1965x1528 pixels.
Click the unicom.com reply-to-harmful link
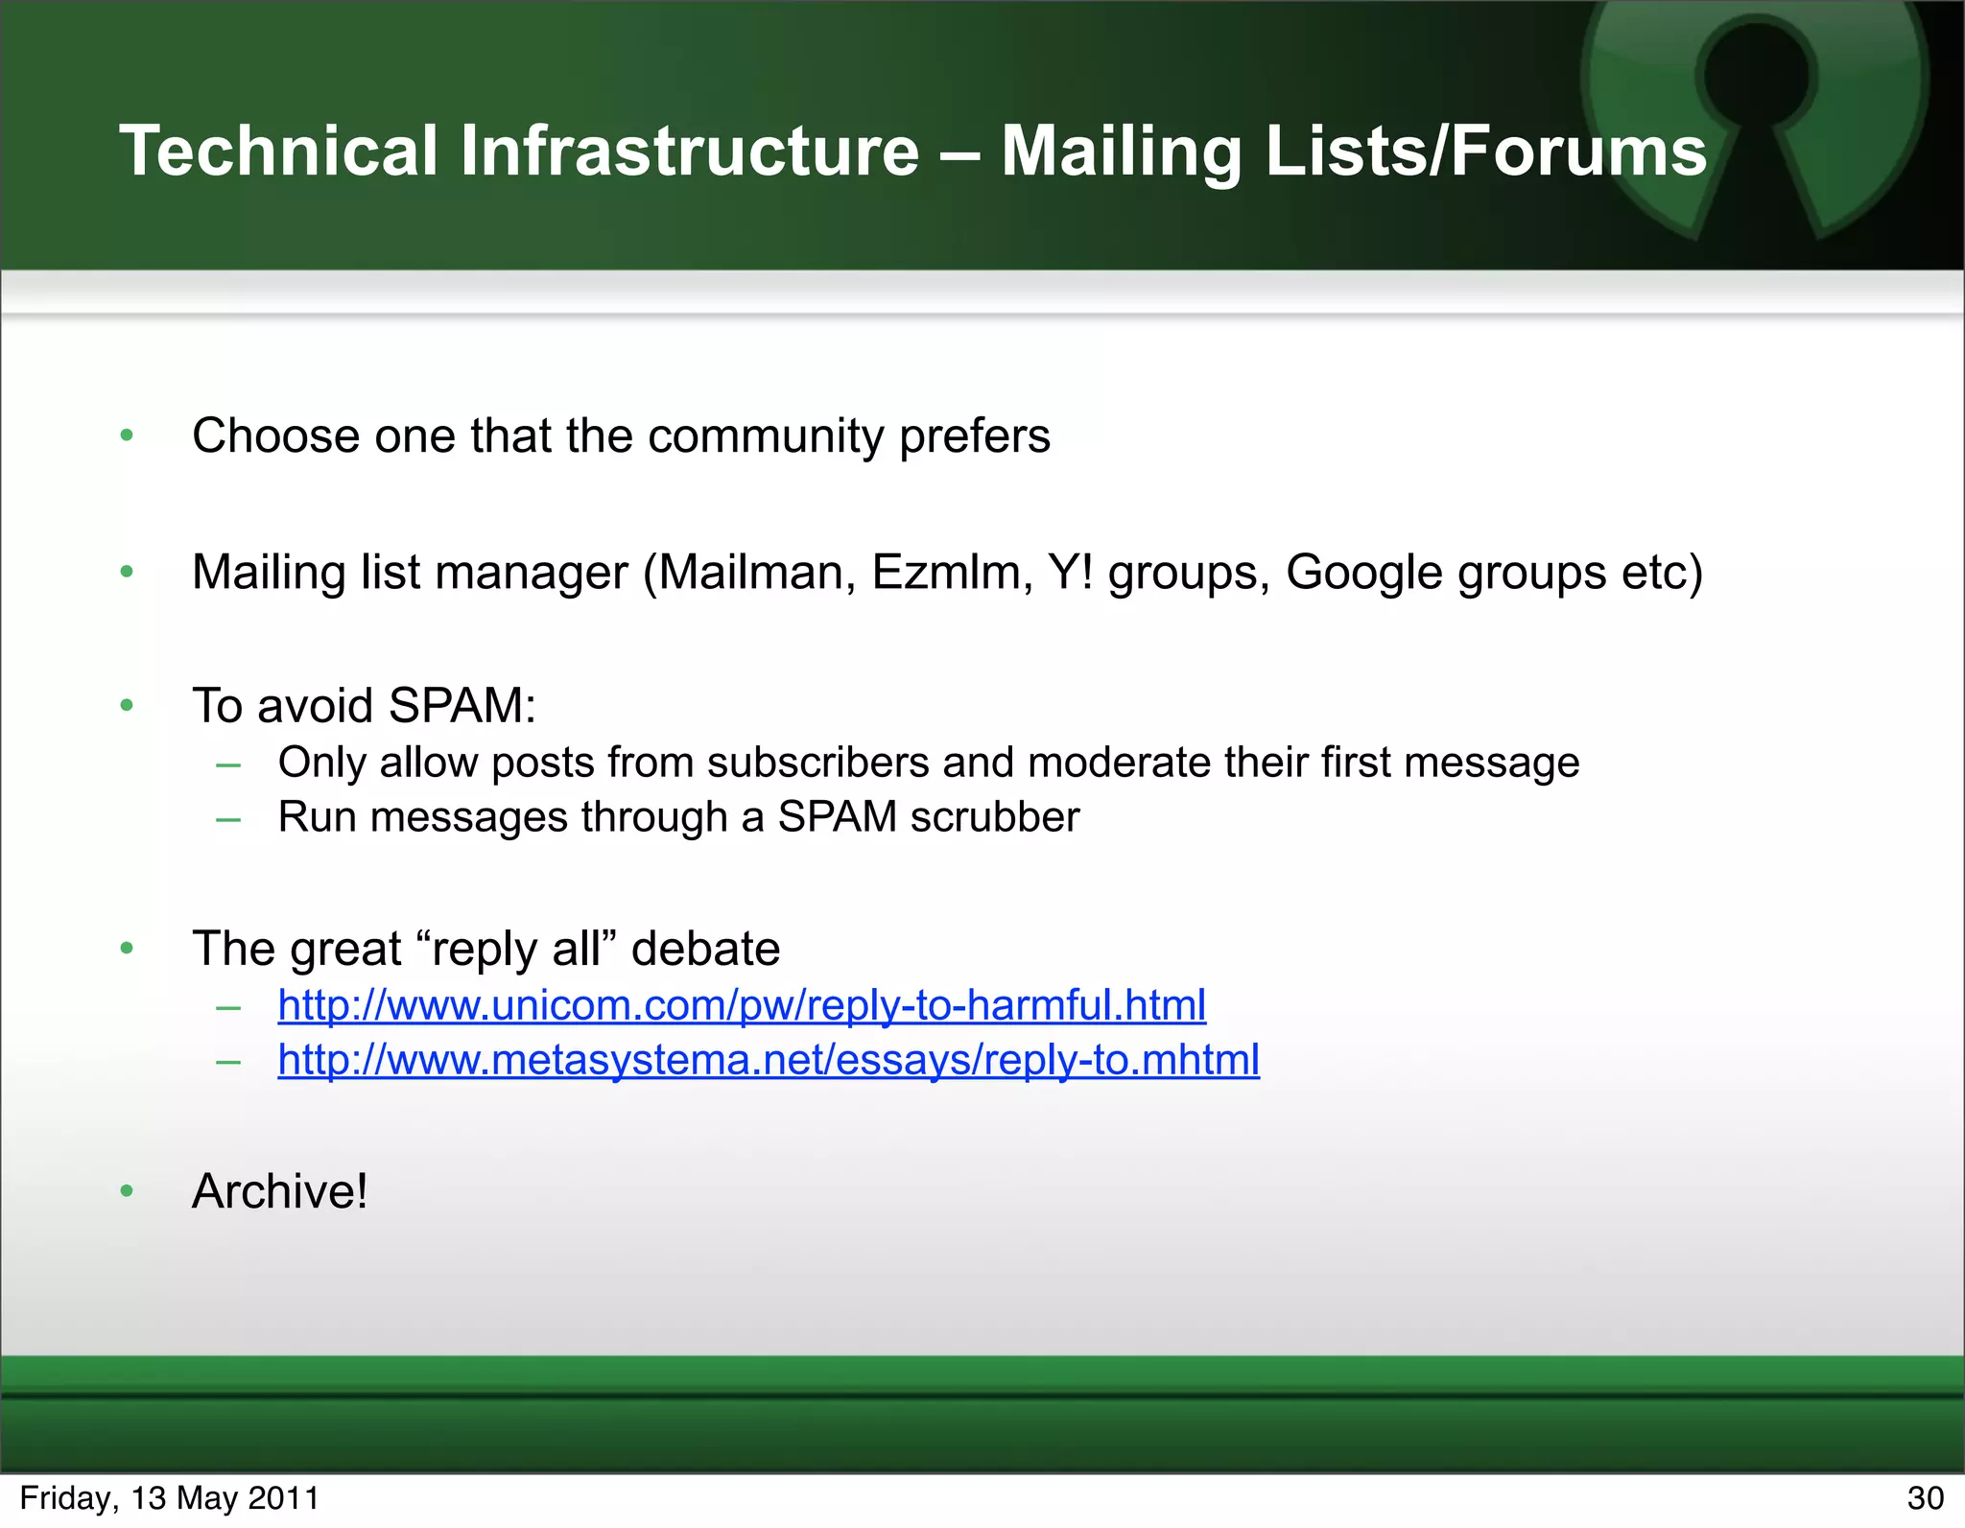tap(742, 1005)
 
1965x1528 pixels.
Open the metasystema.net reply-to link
tap(769, 1060)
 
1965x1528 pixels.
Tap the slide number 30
tap(1925, 1498)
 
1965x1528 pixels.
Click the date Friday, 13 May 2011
tap(169, 1498)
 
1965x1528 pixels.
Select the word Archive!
tap(279, 1191)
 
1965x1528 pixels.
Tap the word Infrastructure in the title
tap(689, 151)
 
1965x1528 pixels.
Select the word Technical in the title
tap(278, 151)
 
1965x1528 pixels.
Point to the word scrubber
tap(995, 817)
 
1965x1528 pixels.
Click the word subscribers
tap(817, 763)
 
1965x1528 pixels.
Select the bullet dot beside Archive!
tap(127, 1191)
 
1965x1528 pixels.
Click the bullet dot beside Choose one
tap(127, 436)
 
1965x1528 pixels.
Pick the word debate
tap(705, 949)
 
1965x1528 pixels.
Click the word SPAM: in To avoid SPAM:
tap(462, 706)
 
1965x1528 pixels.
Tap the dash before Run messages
tap(228, 819)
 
